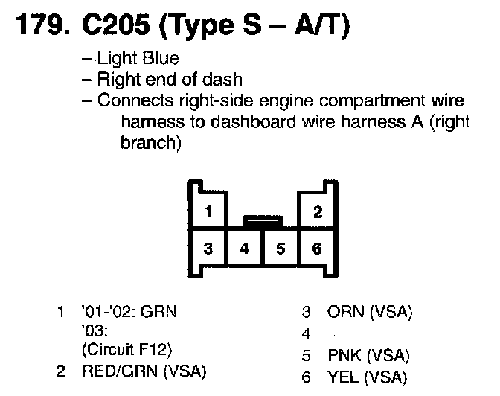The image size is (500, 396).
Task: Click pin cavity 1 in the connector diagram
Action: (x=210, y=211)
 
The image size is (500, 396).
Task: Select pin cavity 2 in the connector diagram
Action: (x=318, y=211)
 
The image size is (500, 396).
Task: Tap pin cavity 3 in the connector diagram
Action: (x=210, y=248)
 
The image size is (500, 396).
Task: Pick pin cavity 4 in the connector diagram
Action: (x=245, y=248)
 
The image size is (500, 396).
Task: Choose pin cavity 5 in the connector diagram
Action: (x=281, y=248)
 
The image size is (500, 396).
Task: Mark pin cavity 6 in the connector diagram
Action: (x=317, y=248)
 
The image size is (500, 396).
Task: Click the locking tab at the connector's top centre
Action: (x=263, y=220)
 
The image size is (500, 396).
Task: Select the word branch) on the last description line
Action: (x=150, y=141)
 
